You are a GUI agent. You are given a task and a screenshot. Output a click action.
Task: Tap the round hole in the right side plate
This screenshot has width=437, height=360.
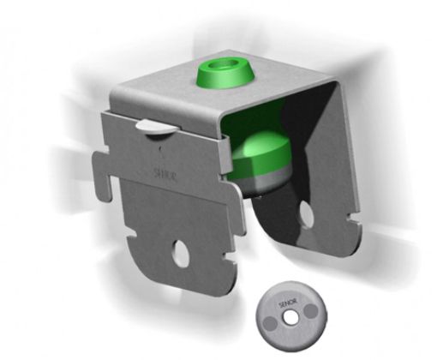[305, 210]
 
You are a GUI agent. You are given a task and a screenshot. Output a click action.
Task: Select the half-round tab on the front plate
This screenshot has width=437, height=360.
[154, 127]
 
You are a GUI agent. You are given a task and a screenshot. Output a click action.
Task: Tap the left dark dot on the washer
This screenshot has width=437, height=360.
[272, 317]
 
